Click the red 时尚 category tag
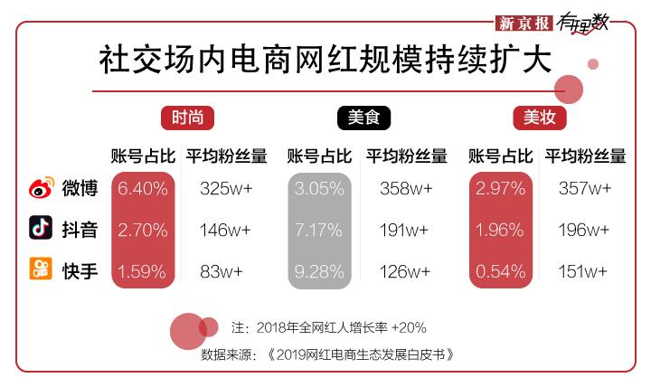[x=188, y=118]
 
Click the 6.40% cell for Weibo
[x=143, y=189]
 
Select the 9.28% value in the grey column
[x=318, y=270]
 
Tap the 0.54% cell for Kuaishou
[x=500, y=270]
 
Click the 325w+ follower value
[x=226, y=189]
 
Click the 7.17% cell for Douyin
[x=318, y=230]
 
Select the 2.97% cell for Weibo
[x=500, y=189]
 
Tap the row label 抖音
[x=80, y=230]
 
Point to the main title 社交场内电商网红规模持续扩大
[x=325, y=60]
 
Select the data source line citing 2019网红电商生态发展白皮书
[x=326, y=354]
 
